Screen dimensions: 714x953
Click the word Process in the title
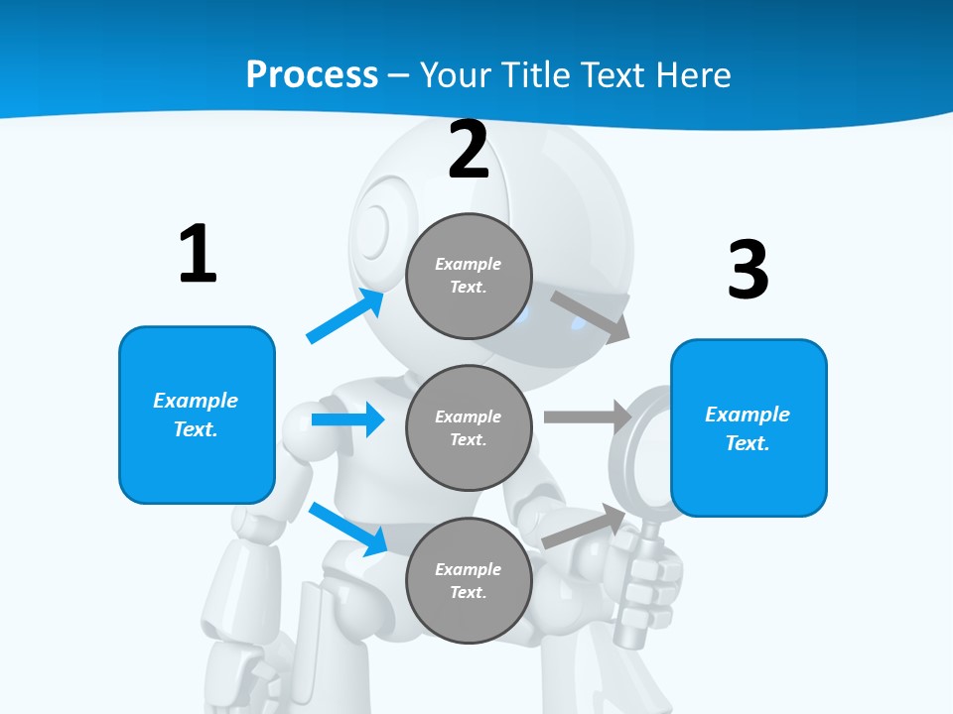click(312, 74)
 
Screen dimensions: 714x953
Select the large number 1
click(198, 255)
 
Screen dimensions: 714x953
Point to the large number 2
click(469, 151)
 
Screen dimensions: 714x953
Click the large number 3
click(748, 270)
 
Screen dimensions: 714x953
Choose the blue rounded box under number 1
click(197, 415)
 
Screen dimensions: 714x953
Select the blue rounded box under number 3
click(749, 427)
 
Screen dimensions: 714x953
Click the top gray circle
click(469, 276)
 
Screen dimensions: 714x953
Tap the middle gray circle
click(469, 427)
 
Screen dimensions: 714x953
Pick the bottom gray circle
click(469, 580)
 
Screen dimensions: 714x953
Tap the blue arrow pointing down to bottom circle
click(348, 529)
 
